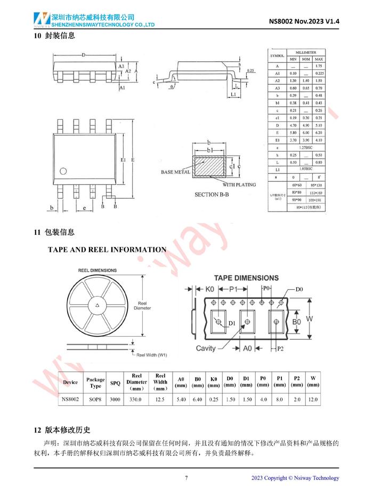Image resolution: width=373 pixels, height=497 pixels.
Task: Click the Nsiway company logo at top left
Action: pos(41,20)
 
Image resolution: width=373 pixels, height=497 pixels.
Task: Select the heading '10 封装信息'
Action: pos(54,36)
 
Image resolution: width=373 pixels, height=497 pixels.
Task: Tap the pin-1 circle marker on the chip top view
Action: pos(63,172)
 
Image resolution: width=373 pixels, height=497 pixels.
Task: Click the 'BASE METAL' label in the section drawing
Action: pos(175,173)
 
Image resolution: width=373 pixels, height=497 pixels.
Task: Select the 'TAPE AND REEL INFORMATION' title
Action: pos(107,249)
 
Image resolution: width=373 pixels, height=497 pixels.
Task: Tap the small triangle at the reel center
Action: pos(97,306)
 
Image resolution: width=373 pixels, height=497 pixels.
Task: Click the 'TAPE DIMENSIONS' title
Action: pos(246,278)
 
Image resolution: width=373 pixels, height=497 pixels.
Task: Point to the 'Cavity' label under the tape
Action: pos(206,348)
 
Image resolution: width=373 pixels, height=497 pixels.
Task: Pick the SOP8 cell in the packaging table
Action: pos(95,398)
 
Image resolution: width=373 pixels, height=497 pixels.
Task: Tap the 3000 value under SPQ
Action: pos(115,398)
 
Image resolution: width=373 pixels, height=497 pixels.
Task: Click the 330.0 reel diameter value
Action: pos(136,398)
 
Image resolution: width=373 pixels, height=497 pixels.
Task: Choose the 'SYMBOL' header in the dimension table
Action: pos(277,55)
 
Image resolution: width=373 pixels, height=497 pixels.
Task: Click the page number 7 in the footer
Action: pos(186,478)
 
